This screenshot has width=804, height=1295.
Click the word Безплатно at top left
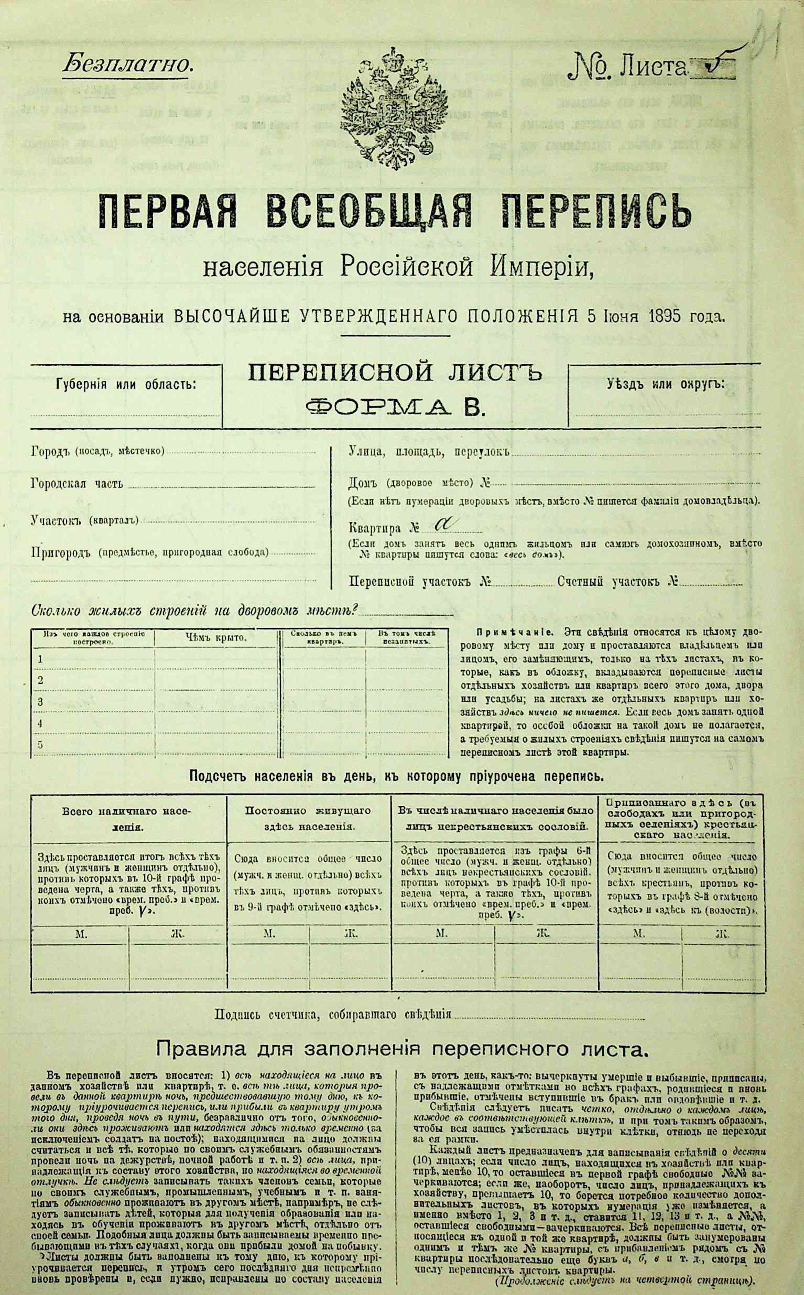[x=128, y=65]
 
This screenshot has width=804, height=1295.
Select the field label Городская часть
[x=77, y=484]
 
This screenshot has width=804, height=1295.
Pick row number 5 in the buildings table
[x=40, y=744]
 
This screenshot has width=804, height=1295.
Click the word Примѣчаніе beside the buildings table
[x=509, y=633]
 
